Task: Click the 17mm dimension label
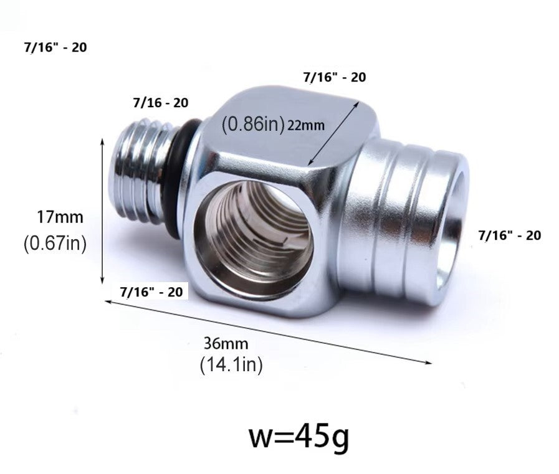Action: (60, 217)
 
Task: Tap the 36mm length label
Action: (226, 344)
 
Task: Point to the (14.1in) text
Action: (231, 365)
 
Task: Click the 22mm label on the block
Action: (306, 125)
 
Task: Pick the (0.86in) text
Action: (253, 124)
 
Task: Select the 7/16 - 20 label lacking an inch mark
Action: (160, 103)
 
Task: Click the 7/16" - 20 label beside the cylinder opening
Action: (510, 235)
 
